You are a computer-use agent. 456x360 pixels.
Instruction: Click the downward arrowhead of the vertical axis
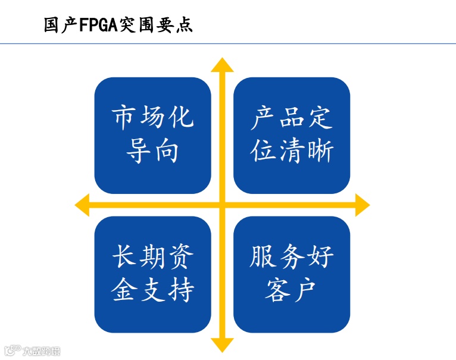click(223, 345)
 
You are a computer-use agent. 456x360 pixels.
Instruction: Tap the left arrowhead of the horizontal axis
click(83, 205)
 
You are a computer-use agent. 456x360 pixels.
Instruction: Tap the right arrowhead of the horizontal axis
click(361, 205)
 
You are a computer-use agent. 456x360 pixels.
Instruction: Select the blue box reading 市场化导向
click(153, 135)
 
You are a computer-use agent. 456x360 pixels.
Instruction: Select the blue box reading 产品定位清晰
click(292, 135)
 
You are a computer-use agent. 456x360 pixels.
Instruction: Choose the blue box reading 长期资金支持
click(153, 274)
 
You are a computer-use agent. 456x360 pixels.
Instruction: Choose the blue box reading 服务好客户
click(292, 274)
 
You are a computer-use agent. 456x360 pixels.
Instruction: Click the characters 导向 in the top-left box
click(153, 152)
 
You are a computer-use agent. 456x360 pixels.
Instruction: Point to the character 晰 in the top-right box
click(320, 152)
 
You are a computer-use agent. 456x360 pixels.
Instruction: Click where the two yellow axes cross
click(223, 205)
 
